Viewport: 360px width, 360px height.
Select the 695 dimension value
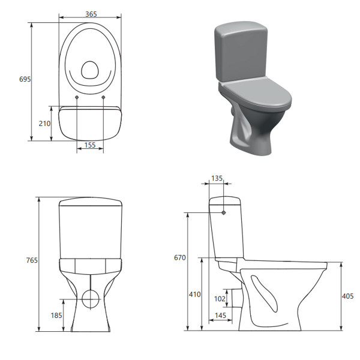(25, 79)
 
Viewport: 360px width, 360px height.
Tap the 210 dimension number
(44, 124)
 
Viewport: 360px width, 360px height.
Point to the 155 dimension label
(90, 145)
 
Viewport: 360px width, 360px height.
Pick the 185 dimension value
(56, 315)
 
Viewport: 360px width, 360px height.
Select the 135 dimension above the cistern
(217, 178)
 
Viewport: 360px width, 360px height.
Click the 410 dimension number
(194, 294)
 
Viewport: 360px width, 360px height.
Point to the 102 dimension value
(220, 298)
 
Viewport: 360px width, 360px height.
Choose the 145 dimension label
(220, 316)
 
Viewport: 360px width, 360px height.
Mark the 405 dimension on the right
(349, 295)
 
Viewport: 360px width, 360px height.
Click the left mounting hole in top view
(77, 97)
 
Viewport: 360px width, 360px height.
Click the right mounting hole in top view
(103, 97)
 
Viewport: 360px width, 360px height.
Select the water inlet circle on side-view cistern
(223, 212)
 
